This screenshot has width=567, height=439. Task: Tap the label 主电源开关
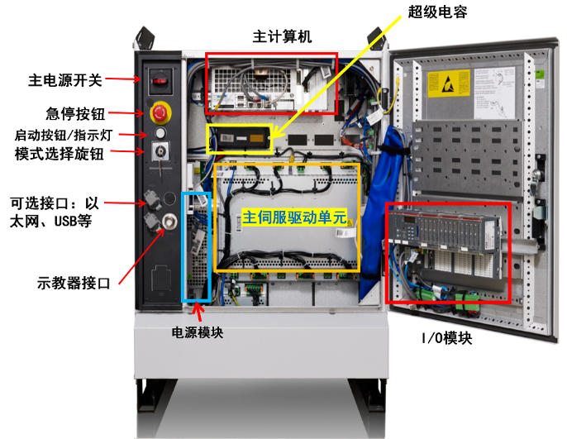[65, 80]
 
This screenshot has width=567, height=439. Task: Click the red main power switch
[157, 80]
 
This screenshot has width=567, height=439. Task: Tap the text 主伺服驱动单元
[293, 217]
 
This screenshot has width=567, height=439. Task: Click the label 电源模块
[197, 332]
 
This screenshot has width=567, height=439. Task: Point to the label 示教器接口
[69, 282]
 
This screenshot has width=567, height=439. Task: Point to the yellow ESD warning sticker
[445, 85]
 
